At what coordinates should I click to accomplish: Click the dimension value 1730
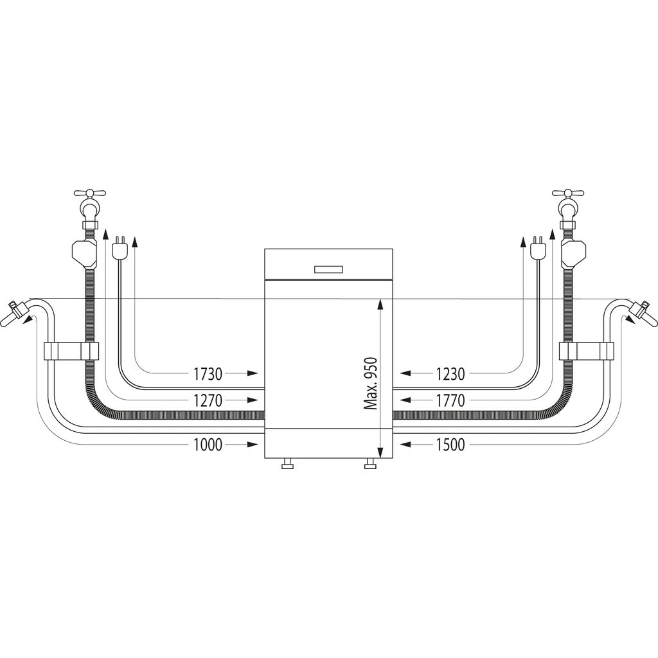(x=208, y=373)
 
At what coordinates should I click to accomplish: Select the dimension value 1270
(x=208, y=401)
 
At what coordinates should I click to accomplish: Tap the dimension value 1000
(x=208, y=444)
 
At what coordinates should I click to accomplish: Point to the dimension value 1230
(x=450, y=373)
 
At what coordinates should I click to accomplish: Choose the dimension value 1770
(x=450, y=401)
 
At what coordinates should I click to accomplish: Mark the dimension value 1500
(x=450, y=444)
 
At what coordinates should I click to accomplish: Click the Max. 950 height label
(x=369, y=384)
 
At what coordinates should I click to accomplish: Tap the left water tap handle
(x=90, y=193)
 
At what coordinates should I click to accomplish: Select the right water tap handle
(x=568, y=193)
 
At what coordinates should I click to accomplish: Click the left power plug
(x=118, y=249)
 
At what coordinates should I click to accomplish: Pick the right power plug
(x=538, y=249)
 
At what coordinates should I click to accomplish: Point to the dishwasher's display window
(x=328, y=270)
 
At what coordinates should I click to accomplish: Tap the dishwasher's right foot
(x=371, y=465)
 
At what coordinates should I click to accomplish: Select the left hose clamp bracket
(x=71, y=351)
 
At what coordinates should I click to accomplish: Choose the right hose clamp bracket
(x=587, y=351)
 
